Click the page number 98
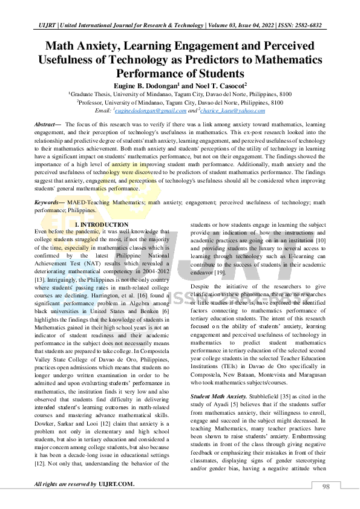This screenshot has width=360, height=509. (326, 487)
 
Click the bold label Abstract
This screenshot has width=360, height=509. (47, 123)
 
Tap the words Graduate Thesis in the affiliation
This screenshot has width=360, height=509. (92, 95)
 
